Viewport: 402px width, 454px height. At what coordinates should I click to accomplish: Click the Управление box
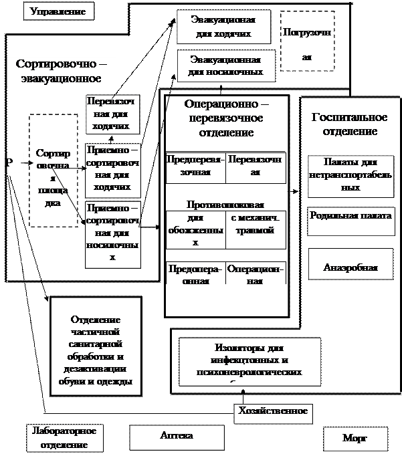click(58, 11)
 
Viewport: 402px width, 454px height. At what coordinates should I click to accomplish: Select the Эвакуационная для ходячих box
click(224, 27)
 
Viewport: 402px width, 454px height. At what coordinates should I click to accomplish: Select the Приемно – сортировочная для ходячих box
click(112, 169)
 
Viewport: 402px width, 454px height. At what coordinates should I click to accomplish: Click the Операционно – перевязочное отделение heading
click(227, 118)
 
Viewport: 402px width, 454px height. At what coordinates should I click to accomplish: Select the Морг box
click(355, 439)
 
